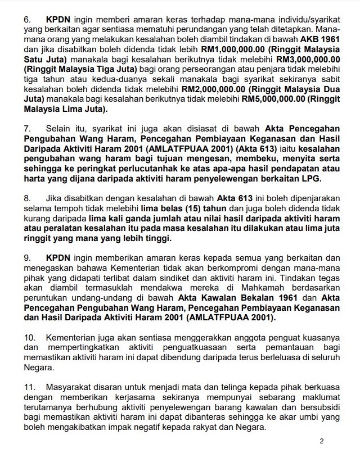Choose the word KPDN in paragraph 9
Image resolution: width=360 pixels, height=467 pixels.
[x=58, y=257]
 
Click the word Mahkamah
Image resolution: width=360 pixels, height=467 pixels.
[x=235, y=288]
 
